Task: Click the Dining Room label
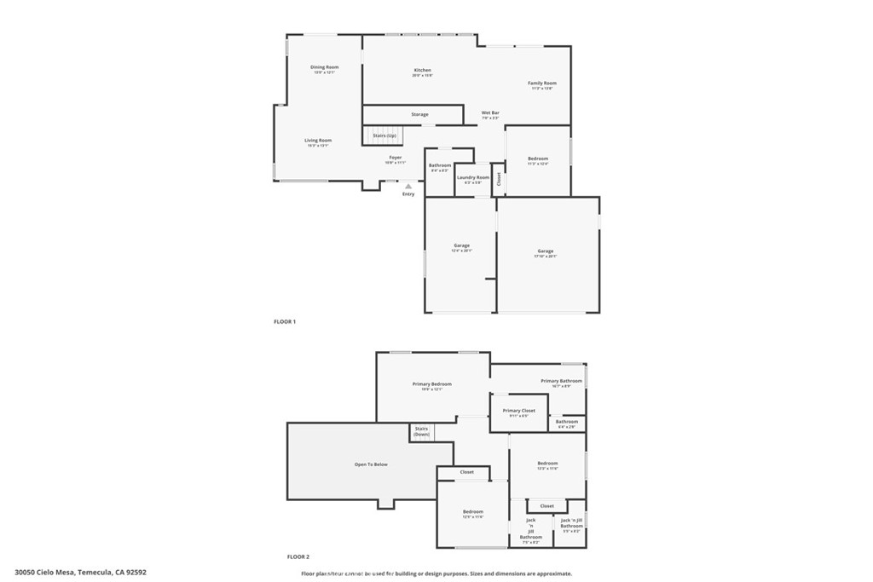tap(324, 67)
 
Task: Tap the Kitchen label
tap(422, 71)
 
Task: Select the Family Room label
tap(541, 84)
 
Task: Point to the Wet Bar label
tap(490, 113)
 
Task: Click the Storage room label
tap(419, 114)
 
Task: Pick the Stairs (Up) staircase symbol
tap(383, 135)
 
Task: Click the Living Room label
tap(318, 141)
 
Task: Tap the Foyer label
tap(396, 158)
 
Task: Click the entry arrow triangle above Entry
tap(408, 186)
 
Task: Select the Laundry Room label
tap(473, 177)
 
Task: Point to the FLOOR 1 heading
tap(285, 321)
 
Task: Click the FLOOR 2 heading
tap(298, 556)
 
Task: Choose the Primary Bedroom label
tap(432, 384)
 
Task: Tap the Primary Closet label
tap(518, 411)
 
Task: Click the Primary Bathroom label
tap(561, 381)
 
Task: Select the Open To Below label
tap(371, 464)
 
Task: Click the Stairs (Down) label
tap(421, 431)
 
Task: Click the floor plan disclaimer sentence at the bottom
tap(436, 573)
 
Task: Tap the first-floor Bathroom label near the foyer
tap(440, 165)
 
